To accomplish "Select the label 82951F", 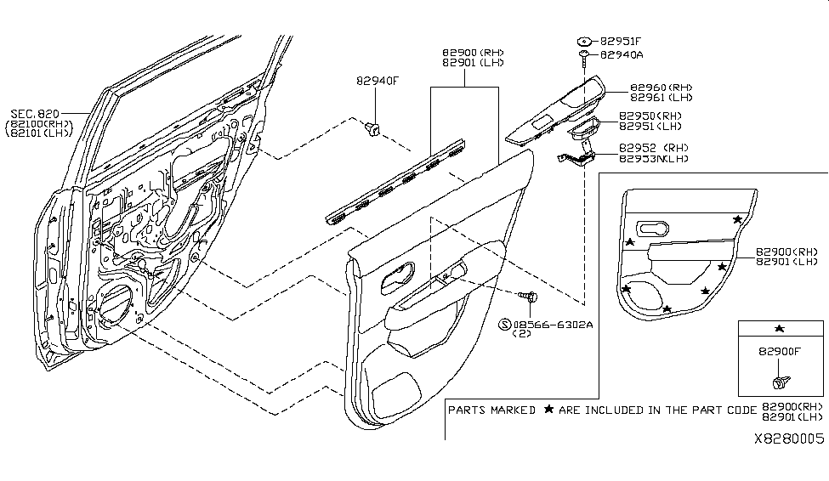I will point(622,40).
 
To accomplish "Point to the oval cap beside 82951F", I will point(585,40).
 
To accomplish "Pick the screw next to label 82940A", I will point(586,58).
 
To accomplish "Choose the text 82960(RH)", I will point(661,88).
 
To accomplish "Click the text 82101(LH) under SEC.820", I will point(40,133).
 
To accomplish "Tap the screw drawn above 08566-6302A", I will point(530,297).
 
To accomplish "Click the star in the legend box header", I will point(780,329).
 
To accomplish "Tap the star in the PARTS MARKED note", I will point(548,410).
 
